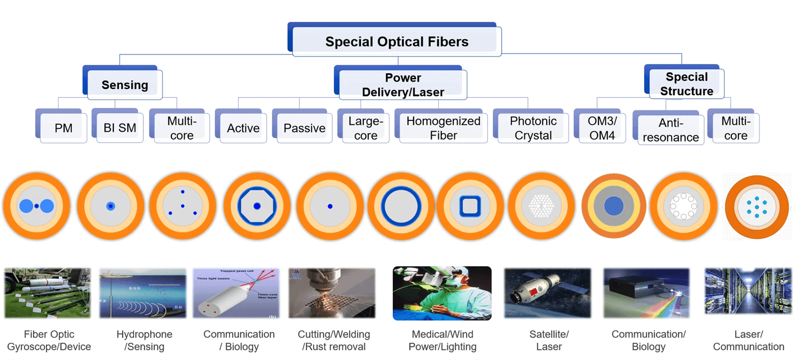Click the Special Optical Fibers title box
(396, 41)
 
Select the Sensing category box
(125, 85)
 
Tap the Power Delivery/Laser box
(402, 85)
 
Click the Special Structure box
(686, 84)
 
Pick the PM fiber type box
(63, 128)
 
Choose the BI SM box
(120, 128)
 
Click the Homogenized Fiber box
(443, 128)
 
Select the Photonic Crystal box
(533, 128)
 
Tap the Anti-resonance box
(670, 130)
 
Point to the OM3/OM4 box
(602, 128)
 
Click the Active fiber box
(243, 128)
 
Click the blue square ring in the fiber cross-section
(470, 206)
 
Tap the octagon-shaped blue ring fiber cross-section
(257, 206)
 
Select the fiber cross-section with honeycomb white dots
(541, 206)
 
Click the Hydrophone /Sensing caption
(144, 340)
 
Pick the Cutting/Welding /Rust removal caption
(333, 340)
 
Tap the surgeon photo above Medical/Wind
(442, 293)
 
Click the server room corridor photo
(748, 291)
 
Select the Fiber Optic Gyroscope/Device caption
(49, 340)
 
